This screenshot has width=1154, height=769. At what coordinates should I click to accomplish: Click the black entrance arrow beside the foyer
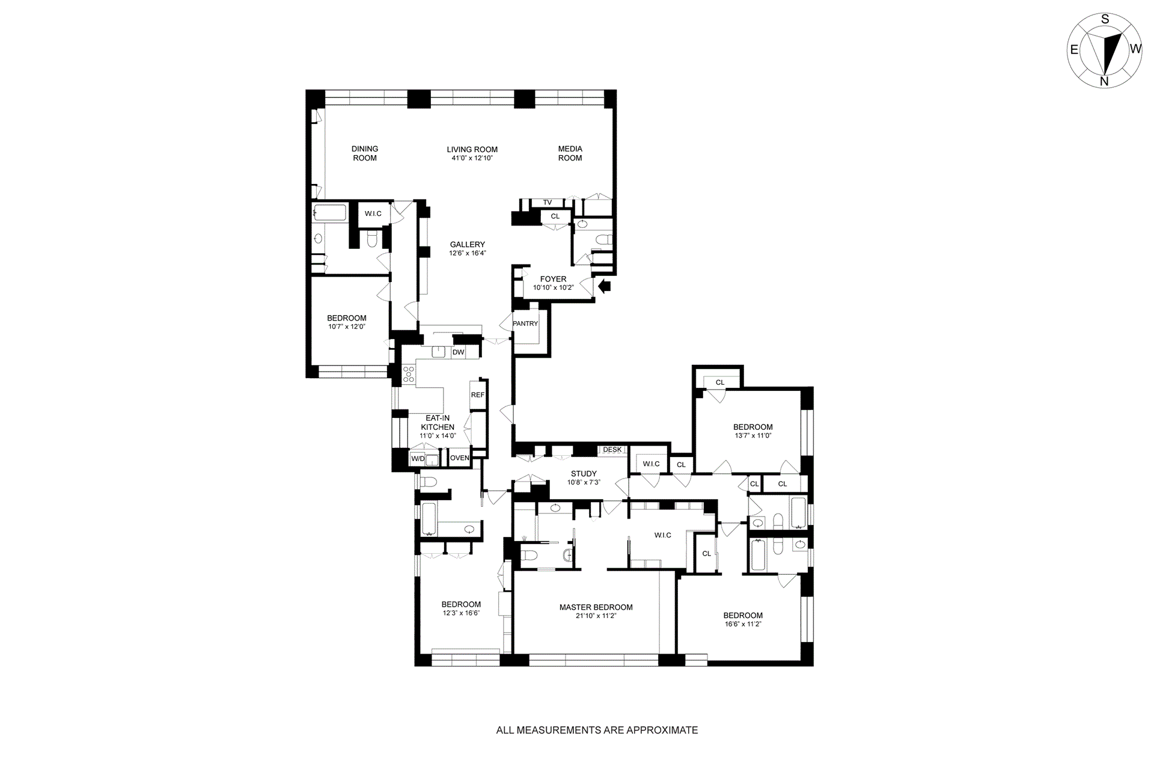pos(604,286)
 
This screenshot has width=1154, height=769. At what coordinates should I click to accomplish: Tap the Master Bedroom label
pos(596,607)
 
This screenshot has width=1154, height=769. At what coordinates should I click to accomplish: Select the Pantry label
pos(525,323)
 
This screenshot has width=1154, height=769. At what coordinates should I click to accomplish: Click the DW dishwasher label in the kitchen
pos(459,352)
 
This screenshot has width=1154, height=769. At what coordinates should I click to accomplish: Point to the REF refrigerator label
pos(477,395)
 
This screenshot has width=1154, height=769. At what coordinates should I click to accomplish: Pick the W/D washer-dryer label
pos(417,459)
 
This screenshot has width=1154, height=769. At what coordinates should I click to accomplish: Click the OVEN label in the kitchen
pos(459,458)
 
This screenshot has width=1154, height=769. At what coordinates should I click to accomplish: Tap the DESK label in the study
pos(612,450)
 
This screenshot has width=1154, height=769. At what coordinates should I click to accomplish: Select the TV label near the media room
pos(547,203)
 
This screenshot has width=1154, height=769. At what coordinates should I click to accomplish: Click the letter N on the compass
pos(1104,81)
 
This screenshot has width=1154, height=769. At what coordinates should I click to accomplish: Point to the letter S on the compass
pos(1105,19)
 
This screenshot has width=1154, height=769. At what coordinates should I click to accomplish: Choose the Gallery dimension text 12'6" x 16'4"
pos(467,253)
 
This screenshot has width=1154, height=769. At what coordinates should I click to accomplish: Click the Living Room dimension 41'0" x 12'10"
pos(472,158)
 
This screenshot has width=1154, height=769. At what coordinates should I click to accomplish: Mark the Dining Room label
pos(365,153)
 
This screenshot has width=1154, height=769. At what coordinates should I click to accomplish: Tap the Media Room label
pos(570,153)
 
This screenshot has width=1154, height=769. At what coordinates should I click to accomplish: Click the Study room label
pos(584,474)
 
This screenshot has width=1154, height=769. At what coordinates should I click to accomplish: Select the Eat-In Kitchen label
pos(438,423)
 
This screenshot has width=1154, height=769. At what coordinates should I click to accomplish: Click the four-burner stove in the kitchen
pos(409,374)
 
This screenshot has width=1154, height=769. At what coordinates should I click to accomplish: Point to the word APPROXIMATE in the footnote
pos(662,731)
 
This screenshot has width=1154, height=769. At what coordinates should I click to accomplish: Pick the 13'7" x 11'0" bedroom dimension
pos(753,435)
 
